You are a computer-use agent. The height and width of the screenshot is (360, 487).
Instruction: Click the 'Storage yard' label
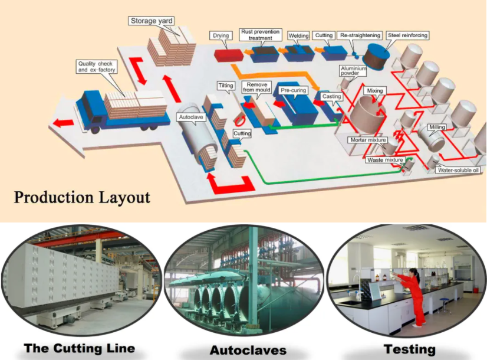pyautogui.click(x=151, y=21)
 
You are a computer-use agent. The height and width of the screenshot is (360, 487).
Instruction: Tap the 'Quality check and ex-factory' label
pyautogui.click(x=97, y=67)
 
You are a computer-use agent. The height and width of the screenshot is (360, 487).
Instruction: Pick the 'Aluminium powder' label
pyautogui.click(x=353, y=71)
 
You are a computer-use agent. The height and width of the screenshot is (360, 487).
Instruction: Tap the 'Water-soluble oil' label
pyautogui.click(x=458, y=171)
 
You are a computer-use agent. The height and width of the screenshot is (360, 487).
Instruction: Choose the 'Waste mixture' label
pyautogui.click(x=385, y=160)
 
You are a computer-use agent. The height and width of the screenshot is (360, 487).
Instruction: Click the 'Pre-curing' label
pyautogui.click(x=294, y=91)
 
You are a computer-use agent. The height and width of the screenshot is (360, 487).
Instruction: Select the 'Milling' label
pyautogui.click(x=437, y=127)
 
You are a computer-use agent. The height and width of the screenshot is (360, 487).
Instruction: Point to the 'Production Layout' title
pyautogui.click(x=82, y=197)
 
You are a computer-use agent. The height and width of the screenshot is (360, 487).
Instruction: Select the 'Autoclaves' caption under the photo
pyautogui.click(x=248, y=350)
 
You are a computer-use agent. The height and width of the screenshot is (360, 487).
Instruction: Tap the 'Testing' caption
pyautogui.click(x=410, y=349)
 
